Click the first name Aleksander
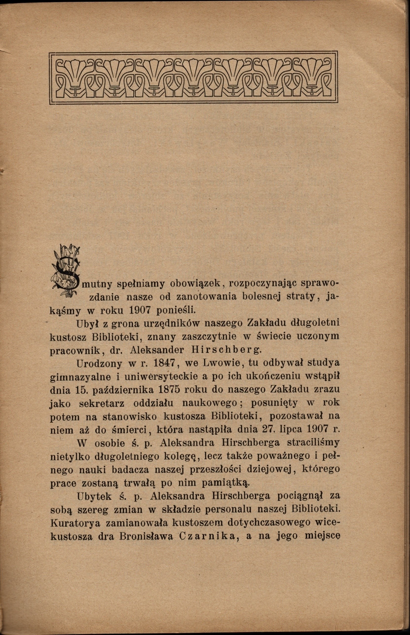pos(157,350)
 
